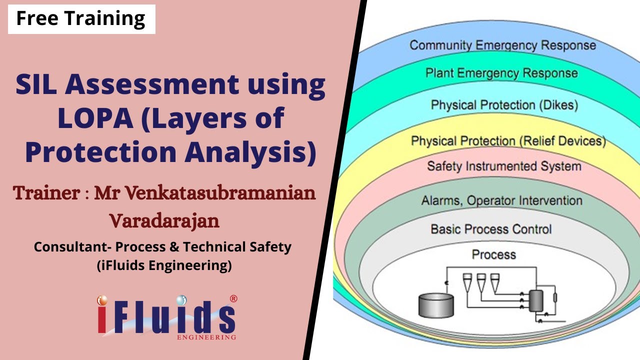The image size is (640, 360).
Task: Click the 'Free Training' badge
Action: (x=81, y=19)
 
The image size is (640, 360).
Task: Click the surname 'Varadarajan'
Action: (x=164, y=220)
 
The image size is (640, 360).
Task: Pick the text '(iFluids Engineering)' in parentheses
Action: (x=164, y=266)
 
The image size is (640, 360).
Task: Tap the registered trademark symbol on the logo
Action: (x=233, y=299)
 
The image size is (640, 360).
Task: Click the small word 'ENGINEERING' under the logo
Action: (x=206, y=337)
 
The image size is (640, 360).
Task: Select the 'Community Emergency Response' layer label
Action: (x=502, y=45)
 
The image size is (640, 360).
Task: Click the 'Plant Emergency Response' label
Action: (x=501, y=73)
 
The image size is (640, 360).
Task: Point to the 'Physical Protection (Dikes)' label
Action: (x=504, y=105)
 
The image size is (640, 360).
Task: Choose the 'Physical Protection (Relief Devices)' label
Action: (x=508, y=141)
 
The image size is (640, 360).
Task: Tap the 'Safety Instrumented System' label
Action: (x=504, y=166)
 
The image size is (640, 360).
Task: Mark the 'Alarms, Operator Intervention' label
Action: (x=501, y=201)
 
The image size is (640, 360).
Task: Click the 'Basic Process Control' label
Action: (x=491, y=229)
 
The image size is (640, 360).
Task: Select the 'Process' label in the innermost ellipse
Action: (x=493, y=254)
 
